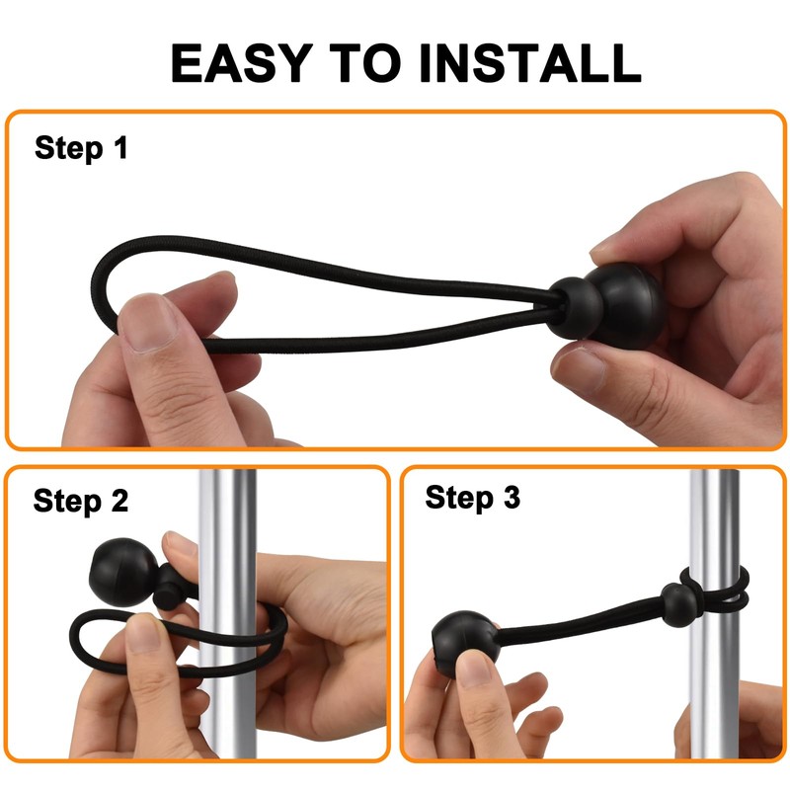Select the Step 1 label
(81, 149)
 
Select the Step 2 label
(81, 501)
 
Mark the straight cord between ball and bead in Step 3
(573, 622)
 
